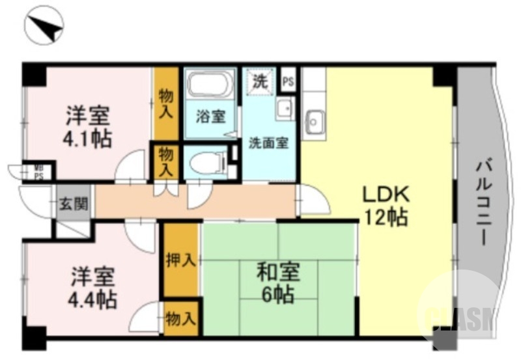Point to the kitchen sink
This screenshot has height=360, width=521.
[315, 120]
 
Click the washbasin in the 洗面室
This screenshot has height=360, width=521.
[283, 109]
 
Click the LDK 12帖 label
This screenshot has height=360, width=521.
[385, 204]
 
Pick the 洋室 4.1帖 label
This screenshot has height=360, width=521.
[87, 127]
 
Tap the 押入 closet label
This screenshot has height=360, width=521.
[180, 260]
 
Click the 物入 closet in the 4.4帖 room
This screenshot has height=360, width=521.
[180, 319]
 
